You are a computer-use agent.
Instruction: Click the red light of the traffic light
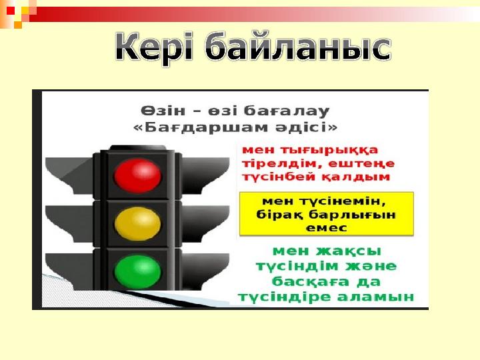pyautogui.click(x=137, y=176)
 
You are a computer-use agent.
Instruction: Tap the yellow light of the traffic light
pyautogui.click(x=137, y=223)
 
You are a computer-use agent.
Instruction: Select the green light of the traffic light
pyautogui.click(x=137, y=271)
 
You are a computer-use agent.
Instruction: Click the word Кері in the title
pyautogui.click(x=155, y=47)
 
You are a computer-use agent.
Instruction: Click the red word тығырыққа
pyautogui.click(x=329, y=151)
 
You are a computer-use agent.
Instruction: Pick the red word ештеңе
pyautogui.click(x=361, y=164)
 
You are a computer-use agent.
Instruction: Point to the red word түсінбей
pyautogui.click(x=278, y=177)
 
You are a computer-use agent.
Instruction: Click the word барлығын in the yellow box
pyautogui.click(x=352, y=215)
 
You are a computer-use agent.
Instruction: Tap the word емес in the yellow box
pyautogui.click(x=326, y=228)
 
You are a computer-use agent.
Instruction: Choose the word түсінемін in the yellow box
pyautogui.click(x=342, y=201)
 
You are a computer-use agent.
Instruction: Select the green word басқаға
pyautogui.click(x=311, y=281)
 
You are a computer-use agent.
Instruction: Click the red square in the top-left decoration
pyautogui.click(x=11, y=11)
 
